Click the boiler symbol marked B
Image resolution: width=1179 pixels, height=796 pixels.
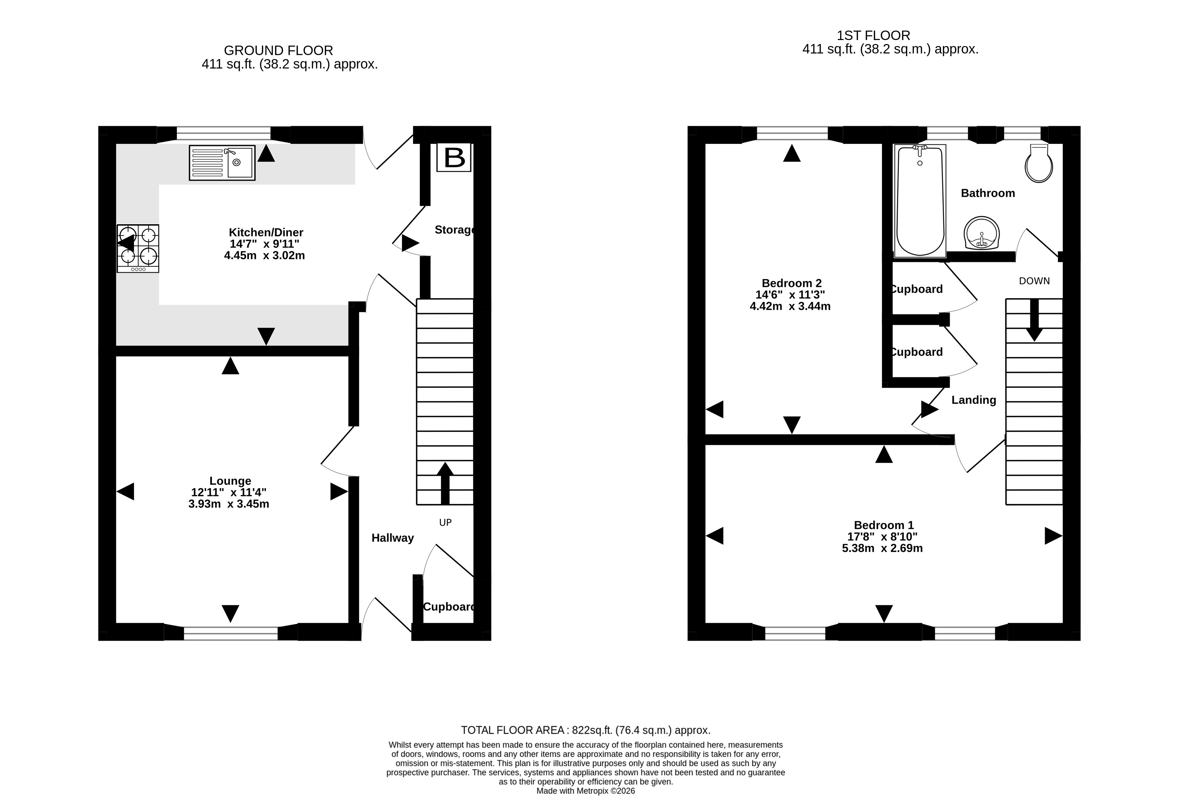click(454, 157)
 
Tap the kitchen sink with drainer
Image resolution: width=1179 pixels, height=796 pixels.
click(222, 163)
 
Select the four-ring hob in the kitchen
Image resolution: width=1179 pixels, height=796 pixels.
click(138, 249)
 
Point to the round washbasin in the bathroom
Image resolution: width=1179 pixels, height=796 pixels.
click(982, 233)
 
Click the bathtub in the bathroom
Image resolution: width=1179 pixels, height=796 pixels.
click(920, 201)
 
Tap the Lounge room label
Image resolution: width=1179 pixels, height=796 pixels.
click(230, 481)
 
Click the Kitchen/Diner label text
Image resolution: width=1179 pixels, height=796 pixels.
click(266, 232)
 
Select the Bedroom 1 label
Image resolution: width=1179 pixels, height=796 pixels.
click(884, 525)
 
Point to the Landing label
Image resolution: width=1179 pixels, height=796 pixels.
click(974, 400)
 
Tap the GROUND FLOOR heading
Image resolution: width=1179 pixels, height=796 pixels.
click(278, 51)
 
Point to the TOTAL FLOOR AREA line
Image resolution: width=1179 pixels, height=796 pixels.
click(585, 730)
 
